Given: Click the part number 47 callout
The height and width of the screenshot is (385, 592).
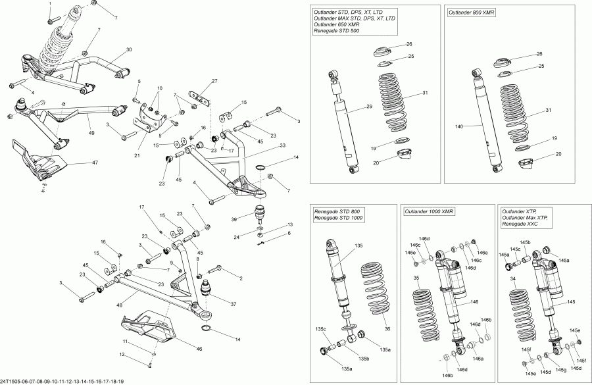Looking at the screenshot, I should click(95, 161).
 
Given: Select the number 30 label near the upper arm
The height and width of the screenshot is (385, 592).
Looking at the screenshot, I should click(128, 50).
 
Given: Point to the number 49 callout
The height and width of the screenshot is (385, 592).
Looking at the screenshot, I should click(91, 133).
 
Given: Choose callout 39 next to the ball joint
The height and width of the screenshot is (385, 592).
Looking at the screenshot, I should click(234, 219).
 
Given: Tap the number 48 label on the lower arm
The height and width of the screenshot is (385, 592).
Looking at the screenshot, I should click(120, 305).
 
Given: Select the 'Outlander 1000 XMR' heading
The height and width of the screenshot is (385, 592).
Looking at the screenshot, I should click(430, 211).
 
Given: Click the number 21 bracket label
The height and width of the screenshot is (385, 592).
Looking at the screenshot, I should click(137, 155).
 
